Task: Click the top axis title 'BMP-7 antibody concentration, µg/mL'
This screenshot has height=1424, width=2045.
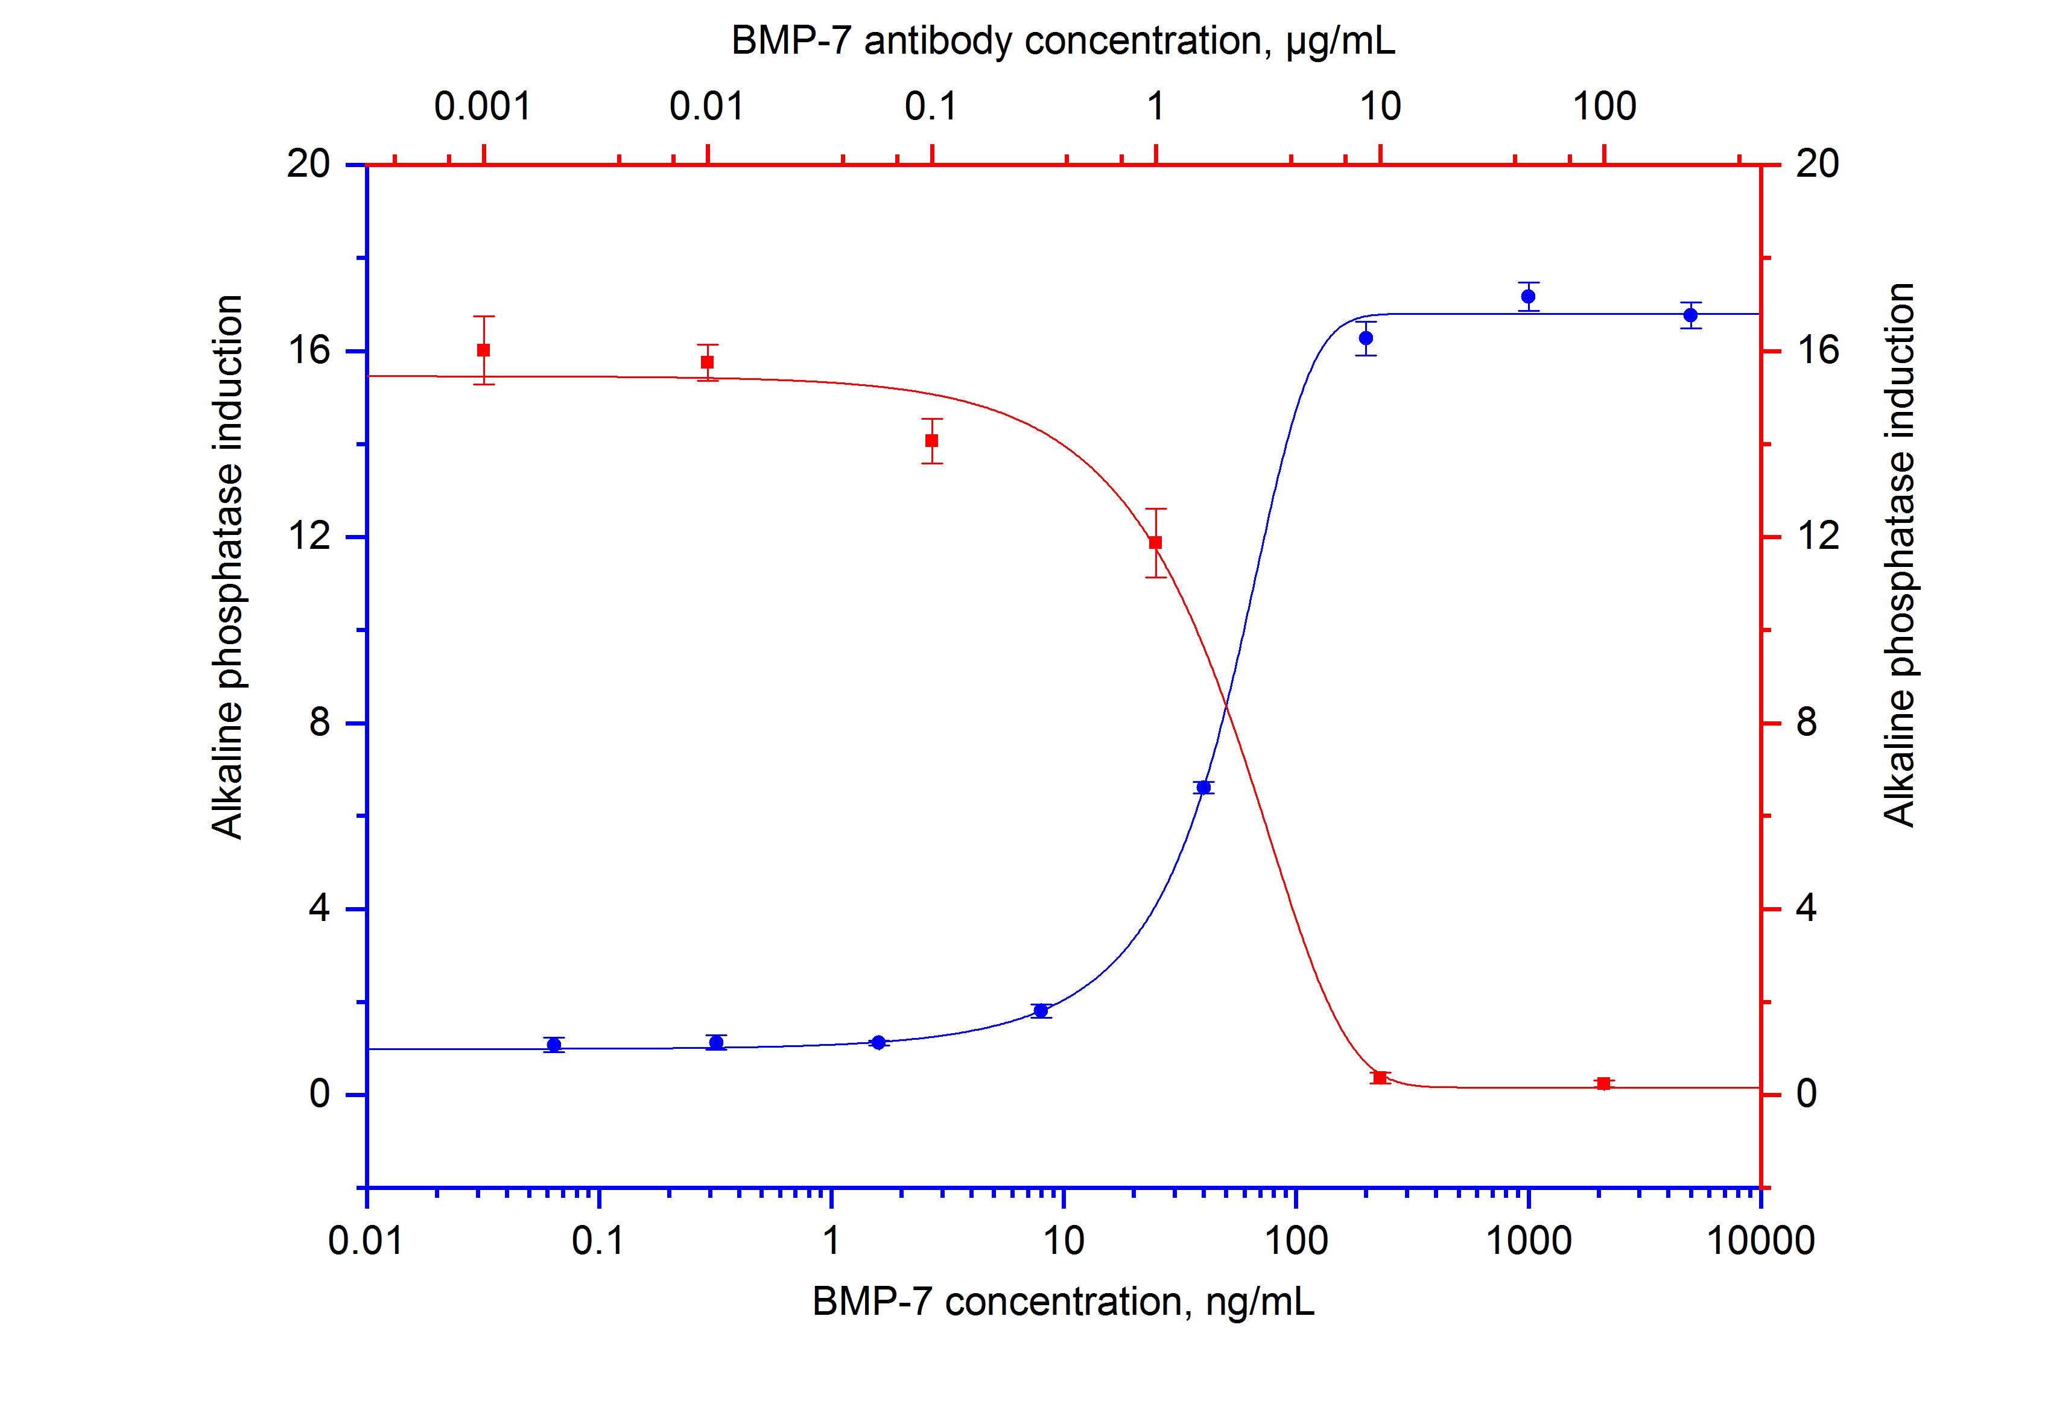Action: tap(1062, 41)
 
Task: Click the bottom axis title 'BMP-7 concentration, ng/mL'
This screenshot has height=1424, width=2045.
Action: tap(1062, 1302)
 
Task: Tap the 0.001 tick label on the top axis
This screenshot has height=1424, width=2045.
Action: tap(482, 107)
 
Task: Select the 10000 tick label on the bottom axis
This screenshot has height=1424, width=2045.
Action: tap(1760, 1241)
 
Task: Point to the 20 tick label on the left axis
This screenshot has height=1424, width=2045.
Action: tap(308, 164)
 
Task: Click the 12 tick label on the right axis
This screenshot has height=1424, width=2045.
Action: tap(1818, 536)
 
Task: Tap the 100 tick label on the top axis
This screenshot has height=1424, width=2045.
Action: tap(1604, 107)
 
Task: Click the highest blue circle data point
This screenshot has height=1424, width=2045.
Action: tap(1529, 297)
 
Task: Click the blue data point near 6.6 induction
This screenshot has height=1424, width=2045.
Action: tap(1203, 787)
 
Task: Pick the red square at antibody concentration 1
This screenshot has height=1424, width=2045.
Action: tap(1155, 542)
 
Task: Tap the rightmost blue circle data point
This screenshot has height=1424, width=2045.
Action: tap(1690, 315)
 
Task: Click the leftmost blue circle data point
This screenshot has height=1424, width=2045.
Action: tap(554, 1045)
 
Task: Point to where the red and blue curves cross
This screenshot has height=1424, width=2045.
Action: tap(1226, 705)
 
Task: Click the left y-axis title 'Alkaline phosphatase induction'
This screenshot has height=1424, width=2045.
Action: tap(227, 568)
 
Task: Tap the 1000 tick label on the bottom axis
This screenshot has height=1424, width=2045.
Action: tap(1529, 1241)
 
